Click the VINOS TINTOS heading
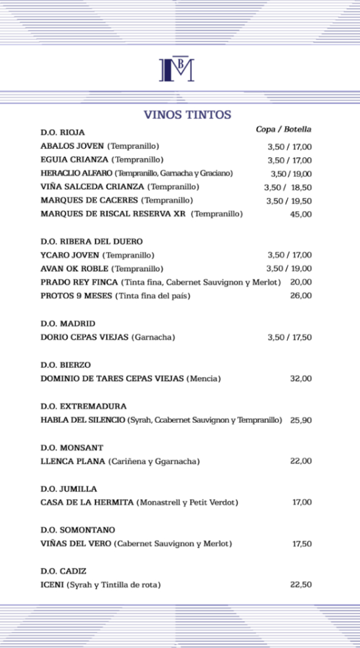(x=188, y=115)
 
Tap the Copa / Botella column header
(x=283, y=130)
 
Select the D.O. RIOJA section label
(x=63, y=132)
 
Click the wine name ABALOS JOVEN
(x=72, y=146)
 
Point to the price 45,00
(x=300, y=214)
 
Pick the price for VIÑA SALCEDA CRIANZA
(x=288, y=187)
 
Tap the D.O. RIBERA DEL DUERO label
(x=92, y=241)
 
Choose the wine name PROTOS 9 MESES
(x=77, y=296)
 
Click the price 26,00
(x=300, y=296)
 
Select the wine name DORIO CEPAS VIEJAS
(x=85, y=337)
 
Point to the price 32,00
(x=300, y=379)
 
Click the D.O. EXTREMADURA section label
(x=83, y=406)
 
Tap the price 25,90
(x=300, y=420)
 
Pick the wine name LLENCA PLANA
(x=73, y=461)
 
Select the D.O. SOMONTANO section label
(x=78, y=530)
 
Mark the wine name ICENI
(x=53, y=585)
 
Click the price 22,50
(x=300, y=585)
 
